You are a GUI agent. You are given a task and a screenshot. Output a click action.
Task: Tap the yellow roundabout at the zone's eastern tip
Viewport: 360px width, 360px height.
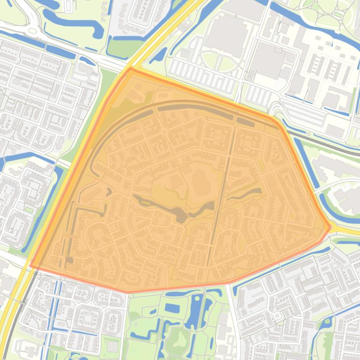click(331, 227)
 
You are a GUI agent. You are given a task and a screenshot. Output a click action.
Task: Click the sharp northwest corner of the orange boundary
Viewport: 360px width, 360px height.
click(131, 68)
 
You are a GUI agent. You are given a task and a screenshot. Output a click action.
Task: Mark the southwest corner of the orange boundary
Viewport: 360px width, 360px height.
click(31, 266)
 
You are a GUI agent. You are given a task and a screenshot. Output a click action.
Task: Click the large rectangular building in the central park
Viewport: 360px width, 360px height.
click(201, 183)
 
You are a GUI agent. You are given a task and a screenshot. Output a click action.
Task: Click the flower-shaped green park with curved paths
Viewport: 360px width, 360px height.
click(328, 12)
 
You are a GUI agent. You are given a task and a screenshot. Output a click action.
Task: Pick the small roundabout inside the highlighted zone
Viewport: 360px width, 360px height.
click(164, 132)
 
